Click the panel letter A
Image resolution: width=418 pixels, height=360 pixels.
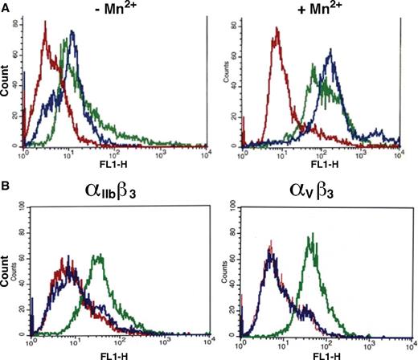[6, 7]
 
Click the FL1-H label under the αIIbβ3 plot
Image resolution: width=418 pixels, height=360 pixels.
[110, 353]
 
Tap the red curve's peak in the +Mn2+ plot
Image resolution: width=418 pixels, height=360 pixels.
[277, 32]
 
